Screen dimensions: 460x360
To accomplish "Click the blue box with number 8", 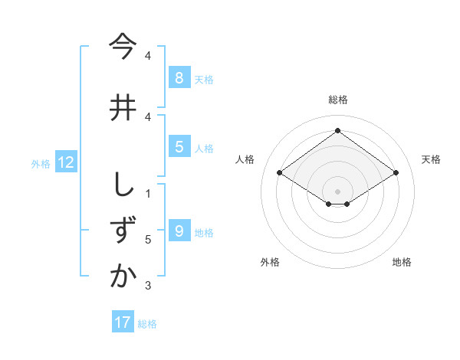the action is pyautogui.click(x=179, y=77).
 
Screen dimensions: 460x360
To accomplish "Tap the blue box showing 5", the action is pyautogui.click(x=179, y=147).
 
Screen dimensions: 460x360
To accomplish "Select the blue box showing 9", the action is pyautogui.click(x=179, y=231).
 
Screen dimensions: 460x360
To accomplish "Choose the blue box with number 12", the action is pyautogui.click(x=65, y=162).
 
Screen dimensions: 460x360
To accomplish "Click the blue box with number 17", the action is pyautogui.click(x=123, y=322).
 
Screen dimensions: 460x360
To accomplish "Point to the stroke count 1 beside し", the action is pyautogui.click(x=148, y=193).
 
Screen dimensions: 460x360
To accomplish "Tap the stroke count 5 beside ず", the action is pyautogui.click(x=148, y=240).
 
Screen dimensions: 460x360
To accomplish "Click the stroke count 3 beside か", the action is pyautogui.click(x=148, y=286).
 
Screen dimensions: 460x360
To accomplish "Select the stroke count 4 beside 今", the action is pyautogui.click(x=148, y=56).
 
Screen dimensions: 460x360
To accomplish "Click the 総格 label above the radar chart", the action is pyautogui.click(x=337, y=100).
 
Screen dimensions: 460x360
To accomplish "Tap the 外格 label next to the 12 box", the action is pyautogui.click(x=40, y=163).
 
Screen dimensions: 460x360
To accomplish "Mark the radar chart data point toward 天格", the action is pyautogui.click(x=396, y=173).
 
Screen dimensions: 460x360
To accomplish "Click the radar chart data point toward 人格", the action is pyautogui.click(x=280, y=173).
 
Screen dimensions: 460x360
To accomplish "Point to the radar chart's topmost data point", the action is pyautogui.click(x=337, y=131).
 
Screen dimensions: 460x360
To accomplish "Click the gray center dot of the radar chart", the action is pyautogui.click(x=337, y=190).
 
